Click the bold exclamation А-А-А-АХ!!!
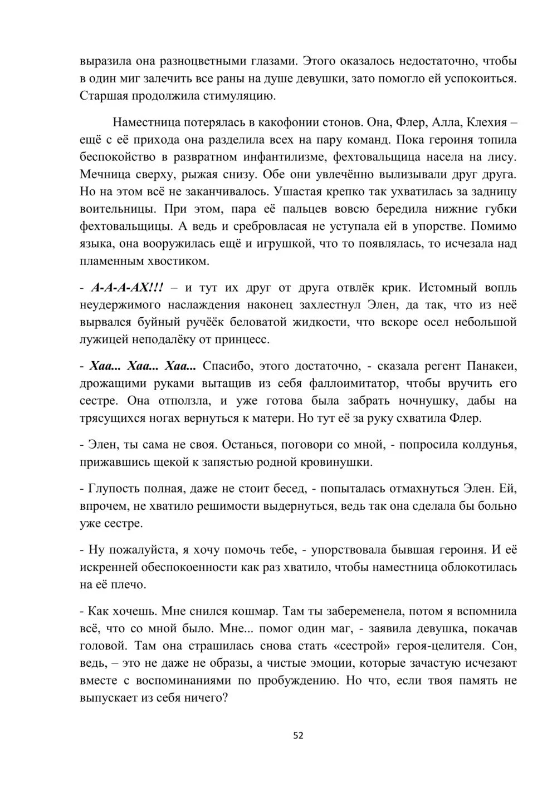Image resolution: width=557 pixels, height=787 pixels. pyautogui.click(x=128, y=288)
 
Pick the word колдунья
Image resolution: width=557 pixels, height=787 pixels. pyautogui.click(x=490, y=445)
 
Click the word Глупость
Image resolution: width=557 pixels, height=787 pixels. pyautogui.click(x=113, y=489)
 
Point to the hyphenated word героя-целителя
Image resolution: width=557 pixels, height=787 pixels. pyautogui.click(x=444, y=646)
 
